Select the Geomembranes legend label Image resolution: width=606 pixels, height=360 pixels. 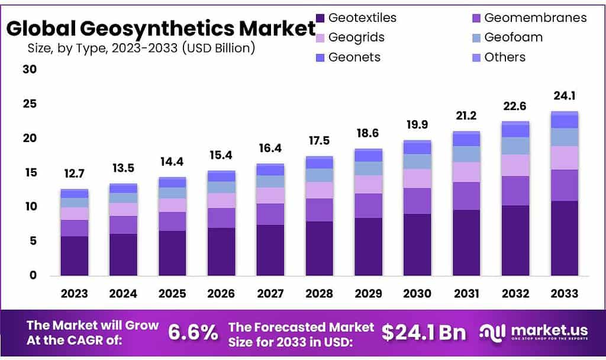coord(535,18)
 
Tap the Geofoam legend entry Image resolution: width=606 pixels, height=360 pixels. coord(513,37)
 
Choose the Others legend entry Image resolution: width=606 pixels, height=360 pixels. coord(504,57)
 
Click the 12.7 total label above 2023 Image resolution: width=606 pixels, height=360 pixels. coord(74,175)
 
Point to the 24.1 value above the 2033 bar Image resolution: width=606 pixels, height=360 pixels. coord(564,96)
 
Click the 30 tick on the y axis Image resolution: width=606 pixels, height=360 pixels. coord(30,69)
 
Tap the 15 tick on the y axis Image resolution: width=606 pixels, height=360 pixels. coord(30,172)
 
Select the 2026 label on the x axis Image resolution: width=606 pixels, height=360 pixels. coord(221,294)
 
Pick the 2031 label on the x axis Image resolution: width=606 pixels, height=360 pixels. coord(466,294)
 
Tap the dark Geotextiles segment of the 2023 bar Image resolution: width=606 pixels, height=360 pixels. coord(74,256)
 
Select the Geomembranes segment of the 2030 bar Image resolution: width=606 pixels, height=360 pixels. coord(417,201)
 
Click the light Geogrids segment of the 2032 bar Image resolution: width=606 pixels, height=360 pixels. coord(515,165)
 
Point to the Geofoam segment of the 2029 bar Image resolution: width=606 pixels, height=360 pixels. coord(368,169)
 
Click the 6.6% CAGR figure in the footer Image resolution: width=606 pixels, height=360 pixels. coord(193,333)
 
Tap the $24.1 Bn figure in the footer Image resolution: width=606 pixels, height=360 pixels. coord(424,333)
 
